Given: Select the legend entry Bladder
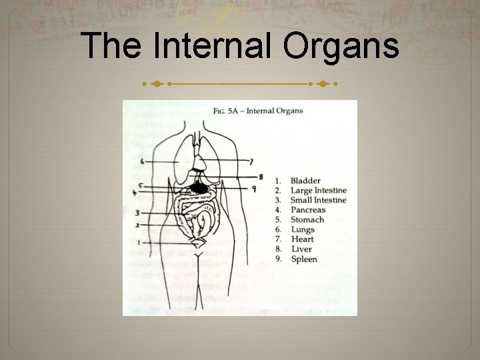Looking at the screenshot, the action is [305, 181].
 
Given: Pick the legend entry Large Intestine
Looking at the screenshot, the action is [319, 191].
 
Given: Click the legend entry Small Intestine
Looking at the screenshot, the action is [319, 200].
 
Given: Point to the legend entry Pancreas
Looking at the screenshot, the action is [308, 210].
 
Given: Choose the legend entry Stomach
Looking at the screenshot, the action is [307, 219].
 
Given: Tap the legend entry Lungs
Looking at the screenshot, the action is [303, 230].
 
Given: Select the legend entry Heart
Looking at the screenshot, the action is [303, 239].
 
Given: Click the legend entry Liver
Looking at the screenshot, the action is [301, 249].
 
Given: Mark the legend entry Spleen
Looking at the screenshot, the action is [304, 259].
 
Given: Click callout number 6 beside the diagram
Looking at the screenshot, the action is [143, 161].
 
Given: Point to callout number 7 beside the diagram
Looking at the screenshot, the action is [251, 161].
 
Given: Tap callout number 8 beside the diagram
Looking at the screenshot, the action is [261, 177].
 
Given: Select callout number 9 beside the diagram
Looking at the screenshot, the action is [254, 189].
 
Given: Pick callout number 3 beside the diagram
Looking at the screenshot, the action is [137, 213].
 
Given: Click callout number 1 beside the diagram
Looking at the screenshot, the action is [139, 243].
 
